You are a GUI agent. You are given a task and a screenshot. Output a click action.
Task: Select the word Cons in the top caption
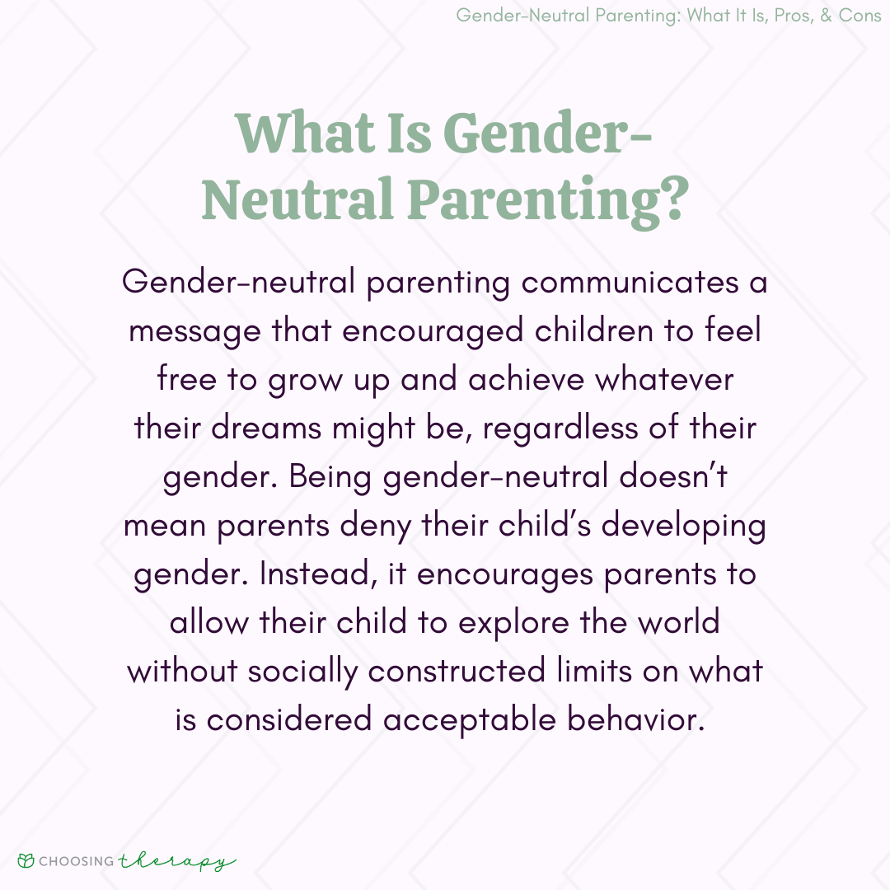coord(860,16)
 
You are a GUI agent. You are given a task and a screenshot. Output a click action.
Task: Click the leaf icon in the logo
coord(26,861)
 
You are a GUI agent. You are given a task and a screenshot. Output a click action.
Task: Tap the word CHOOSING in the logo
coord(77,861)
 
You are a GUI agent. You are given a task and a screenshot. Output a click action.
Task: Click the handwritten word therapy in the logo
coord(176,862)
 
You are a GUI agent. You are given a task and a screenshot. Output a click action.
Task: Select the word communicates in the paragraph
coord(630,282)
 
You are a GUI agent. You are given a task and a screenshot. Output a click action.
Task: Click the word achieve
coord(526,380)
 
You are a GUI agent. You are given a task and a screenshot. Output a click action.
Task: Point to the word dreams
coord(266,428)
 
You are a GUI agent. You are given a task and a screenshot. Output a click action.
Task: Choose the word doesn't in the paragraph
coord(673,475)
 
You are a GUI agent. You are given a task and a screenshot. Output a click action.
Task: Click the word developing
coord(683,526)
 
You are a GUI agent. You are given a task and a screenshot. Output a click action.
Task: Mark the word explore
coord(513,624)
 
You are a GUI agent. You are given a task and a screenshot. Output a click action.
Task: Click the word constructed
coord(457,672)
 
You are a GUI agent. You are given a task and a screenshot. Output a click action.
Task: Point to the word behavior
coord(635,719)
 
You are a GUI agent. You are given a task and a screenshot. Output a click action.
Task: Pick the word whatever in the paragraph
coord(664,380)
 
